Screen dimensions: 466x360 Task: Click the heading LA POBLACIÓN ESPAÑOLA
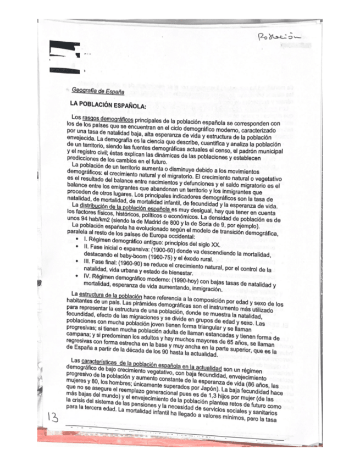(107, 105)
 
